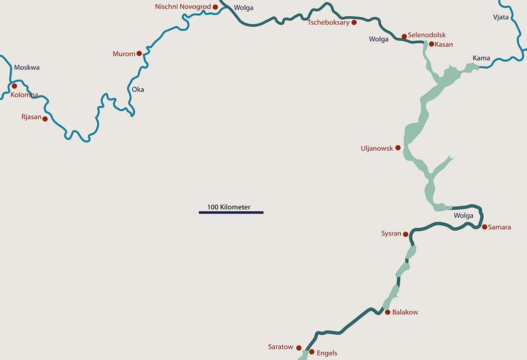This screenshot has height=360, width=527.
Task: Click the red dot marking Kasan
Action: point(431,44)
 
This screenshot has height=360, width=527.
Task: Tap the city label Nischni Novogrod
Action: point(182,7)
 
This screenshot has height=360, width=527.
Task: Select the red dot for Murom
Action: point(139,53)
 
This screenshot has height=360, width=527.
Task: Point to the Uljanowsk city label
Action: point(377,148)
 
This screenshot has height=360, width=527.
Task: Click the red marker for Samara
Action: point(485,227)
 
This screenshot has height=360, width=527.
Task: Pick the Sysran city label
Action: point(391,234)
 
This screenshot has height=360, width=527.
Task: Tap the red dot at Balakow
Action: point(387,312)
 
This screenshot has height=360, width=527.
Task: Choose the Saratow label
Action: point(280,347)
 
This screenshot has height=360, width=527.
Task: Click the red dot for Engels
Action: point(312,351)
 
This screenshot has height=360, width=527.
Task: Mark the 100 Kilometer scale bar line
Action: point(231,213)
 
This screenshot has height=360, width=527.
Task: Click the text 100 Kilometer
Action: point(229,207)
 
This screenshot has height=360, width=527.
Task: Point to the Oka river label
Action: point(138,89)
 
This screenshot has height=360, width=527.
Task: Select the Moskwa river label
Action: point(27,68)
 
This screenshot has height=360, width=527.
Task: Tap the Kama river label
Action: point(481,59)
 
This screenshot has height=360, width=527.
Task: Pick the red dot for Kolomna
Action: point(14,86)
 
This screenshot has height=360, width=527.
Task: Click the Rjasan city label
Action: point(31,117)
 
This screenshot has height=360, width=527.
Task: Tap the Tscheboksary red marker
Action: point(354,23)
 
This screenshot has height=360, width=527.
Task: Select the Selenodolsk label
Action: point(427,35)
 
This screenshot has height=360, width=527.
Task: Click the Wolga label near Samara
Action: point(463,216)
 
